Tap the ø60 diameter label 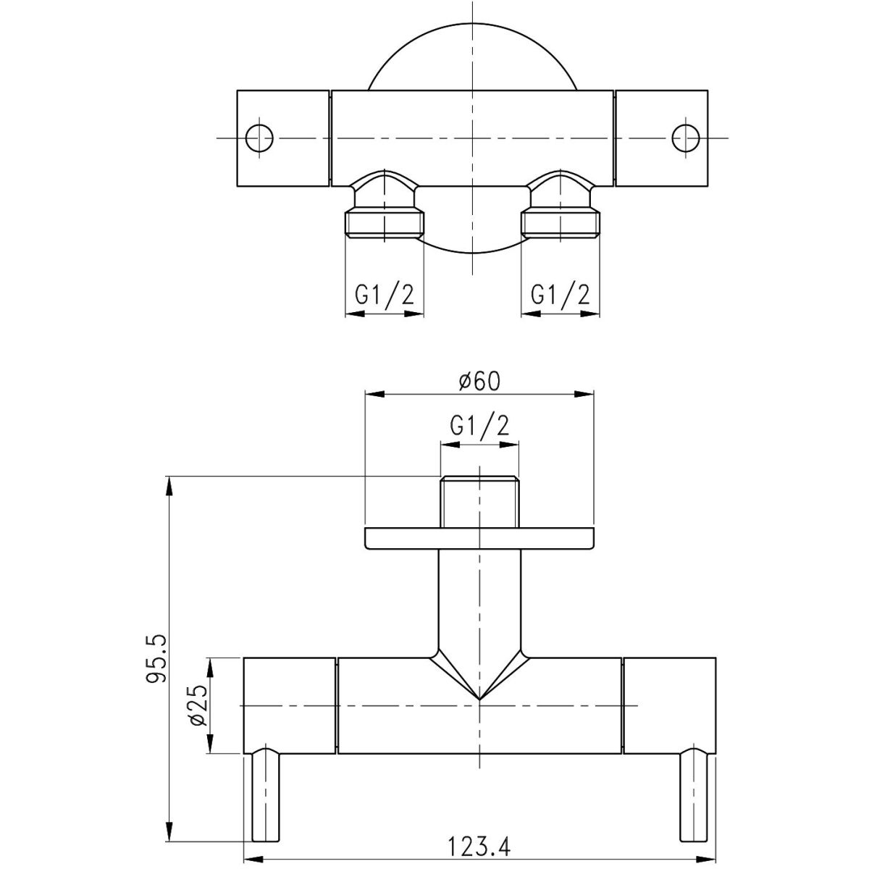tap(479, 382)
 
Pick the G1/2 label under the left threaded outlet tap(385, 295)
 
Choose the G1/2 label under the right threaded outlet tap(560, 295)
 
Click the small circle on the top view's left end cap tap(260, 138)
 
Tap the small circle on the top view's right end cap tap(686, 138)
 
